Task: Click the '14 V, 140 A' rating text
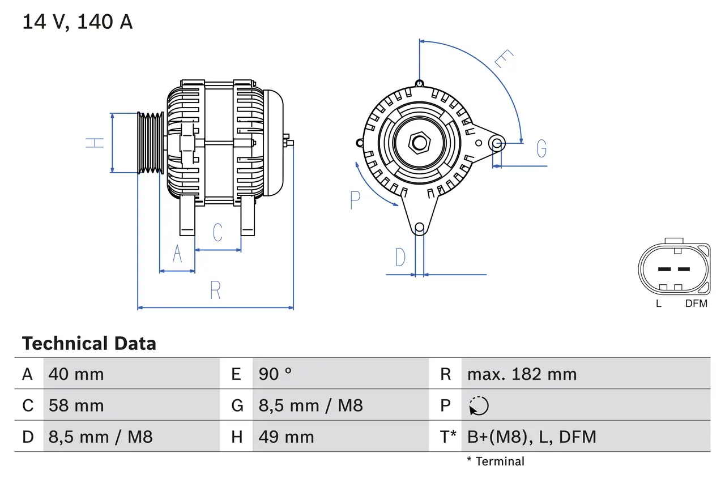(x=78, y=22)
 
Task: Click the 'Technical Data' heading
(x=89, y=344)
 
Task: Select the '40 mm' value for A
(x=76, y=374)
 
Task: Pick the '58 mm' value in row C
(x=76, y=405)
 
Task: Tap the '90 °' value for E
(x=275, y=374)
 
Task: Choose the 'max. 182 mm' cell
(x=522, y=374)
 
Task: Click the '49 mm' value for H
(x=286, y=437)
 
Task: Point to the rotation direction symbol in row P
(x=479, y=405)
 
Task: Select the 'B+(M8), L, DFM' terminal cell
(x=531, y=437)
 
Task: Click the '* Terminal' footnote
(x=496, y=461)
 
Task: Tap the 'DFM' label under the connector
(x=696, y=304)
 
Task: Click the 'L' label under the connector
(x=658, y=304)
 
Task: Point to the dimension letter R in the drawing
(x=215, y=290)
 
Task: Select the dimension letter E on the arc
(x=504, y=59)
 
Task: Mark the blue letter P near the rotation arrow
(x=355, y=200)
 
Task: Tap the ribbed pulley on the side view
(x=151, y=143)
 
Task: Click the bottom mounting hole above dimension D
(x=419, y=228)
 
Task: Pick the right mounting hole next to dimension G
(x=497, y=143)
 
